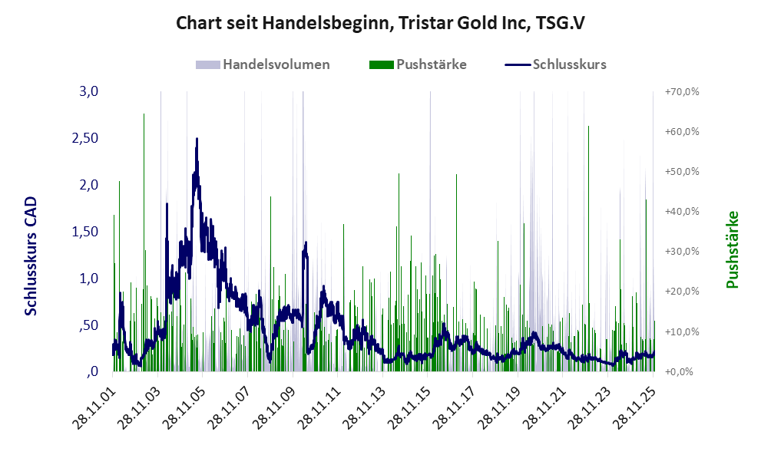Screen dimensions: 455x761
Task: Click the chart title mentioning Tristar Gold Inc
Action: (x=380, y=23)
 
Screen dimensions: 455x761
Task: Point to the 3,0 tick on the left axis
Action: (x=90, y=92)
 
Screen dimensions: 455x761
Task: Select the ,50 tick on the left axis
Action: (x=88, y=325)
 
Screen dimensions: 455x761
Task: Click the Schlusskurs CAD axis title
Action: (x=31, y=256)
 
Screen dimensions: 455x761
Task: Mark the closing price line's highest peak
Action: (x=197, y=140)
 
